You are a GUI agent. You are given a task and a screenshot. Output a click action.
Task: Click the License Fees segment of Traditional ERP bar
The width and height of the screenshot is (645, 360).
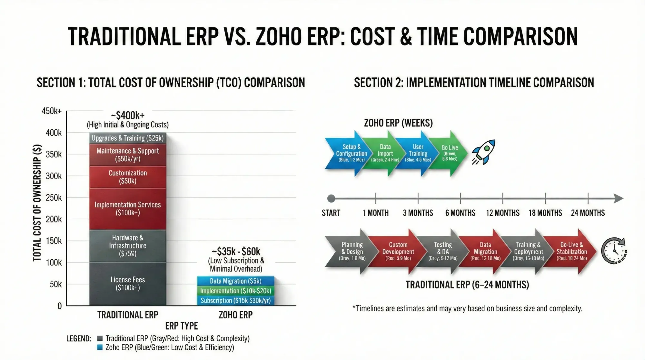(x=128, y=284)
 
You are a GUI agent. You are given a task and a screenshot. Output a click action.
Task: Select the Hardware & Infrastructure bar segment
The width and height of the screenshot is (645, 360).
(x=128, y=245)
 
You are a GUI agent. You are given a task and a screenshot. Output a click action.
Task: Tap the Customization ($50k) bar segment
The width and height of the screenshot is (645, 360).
(x=128, y=177)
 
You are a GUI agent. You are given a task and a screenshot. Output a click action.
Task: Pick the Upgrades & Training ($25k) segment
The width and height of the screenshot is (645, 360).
(x=128, y=138)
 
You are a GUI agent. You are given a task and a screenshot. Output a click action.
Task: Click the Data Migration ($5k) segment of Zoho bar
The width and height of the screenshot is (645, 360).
(x=235, y=281)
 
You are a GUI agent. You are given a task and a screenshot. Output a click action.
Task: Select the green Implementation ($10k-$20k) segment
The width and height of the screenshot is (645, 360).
(x=235, y=291)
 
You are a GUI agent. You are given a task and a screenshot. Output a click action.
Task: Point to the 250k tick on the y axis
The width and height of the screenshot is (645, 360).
(x=54, y=197)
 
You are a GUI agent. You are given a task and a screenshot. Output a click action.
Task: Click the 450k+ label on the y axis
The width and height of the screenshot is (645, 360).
(x=52, y=111)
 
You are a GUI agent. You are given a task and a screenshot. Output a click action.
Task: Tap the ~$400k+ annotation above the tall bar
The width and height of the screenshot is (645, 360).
(x=128, y=115)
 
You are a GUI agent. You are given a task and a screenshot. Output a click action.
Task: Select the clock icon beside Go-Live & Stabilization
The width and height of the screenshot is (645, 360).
(x=614, y=251)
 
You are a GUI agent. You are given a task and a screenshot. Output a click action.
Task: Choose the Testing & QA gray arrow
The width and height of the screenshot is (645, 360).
(x=443, y=251)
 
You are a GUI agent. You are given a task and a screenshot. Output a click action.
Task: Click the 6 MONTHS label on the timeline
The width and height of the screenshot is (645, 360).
(x=460, y=213)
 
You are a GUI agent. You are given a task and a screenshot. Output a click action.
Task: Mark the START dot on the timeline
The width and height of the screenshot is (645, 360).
(x=331, y=198)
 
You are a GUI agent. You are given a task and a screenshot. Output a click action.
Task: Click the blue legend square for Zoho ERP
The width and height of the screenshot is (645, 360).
(x=100, y=347)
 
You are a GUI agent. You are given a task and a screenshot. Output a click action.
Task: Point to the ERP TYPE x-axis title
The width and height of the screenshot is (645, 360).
(x=181, y=326)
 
